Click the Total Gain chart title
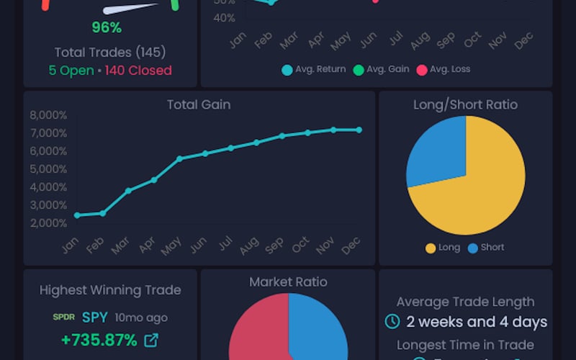pyautogui.click(x=199, y=104)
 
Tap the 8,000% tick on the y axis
pyautogui.click(x=48, y=115)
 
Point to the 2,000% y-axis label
pyautogui.click(x=48, y=223)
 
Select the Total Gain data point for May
pyautogui.click(x=179, y=158)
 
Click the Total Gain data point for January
pyautogui.click(x=77, y=215)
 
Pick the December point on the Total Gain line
pyautogui.click(x=359, y=130)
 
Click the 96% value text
pyautogui.click(x=107, y=28)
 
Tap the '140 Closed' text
pyautogui.click(x=138, y=71)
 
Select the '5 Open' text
pyautogui.click(x=71, y=71)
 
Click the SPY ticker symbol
pyautogui.click(x=94, y=318)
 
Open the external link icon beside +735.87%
pyautogui.click(x=151, y=340)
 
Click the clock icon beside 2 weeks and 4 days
pyautogui.click(x=392, y=322)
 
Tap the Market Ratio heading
pyautogui.click(x=288, y=282)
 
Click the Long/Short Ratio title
pyautogui.click(x=465, y=104)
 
